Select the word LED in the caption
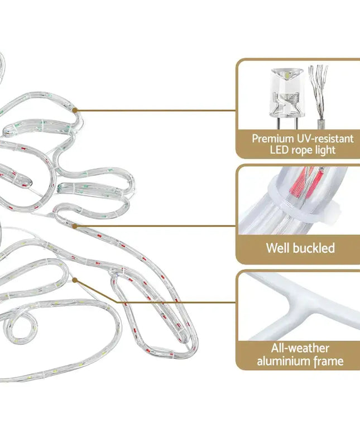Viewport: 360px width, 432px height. click(280, 150)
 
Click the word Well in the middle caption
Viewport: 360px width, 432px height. click(279, 247)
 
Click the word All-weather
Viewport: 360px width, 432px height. click(301, 349)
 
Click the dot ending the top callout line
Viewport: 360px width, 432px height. click(75, 111)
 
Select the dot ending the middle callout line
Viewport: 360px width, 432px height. click(75, 226)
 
